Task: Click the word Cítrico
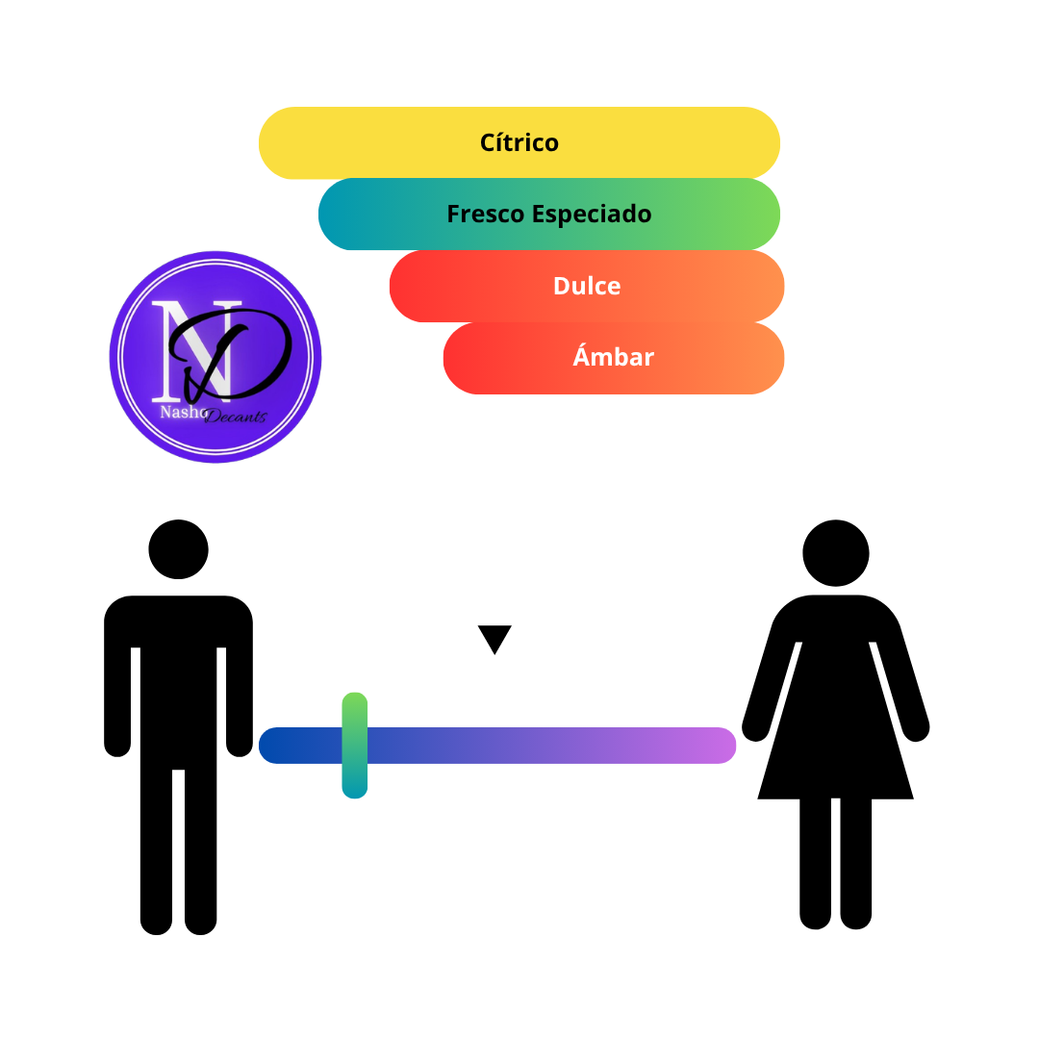(x=519, y=142)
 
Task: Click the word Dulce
(x=587, y=286)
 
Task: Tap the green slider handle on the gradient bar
(x=354, y=746)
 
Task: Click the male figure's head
(x=178, y=549)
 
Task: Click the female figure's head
(x=836, y=552)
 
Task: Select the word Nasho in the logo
(x=184, y=412)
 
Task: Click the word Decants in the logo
(x=236, y=417)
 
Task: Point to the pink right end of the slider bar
(x=719, y=746)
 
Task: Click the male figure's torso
(x=178, y=682)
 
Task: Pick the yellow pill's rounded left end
(x=278, y=143)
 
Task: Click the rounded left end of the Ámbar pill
(x=463, y=359)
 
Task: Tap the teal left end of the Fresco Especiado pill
(x=338, y=214)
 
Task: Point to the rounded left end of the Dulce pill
(x=409, y=287)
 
